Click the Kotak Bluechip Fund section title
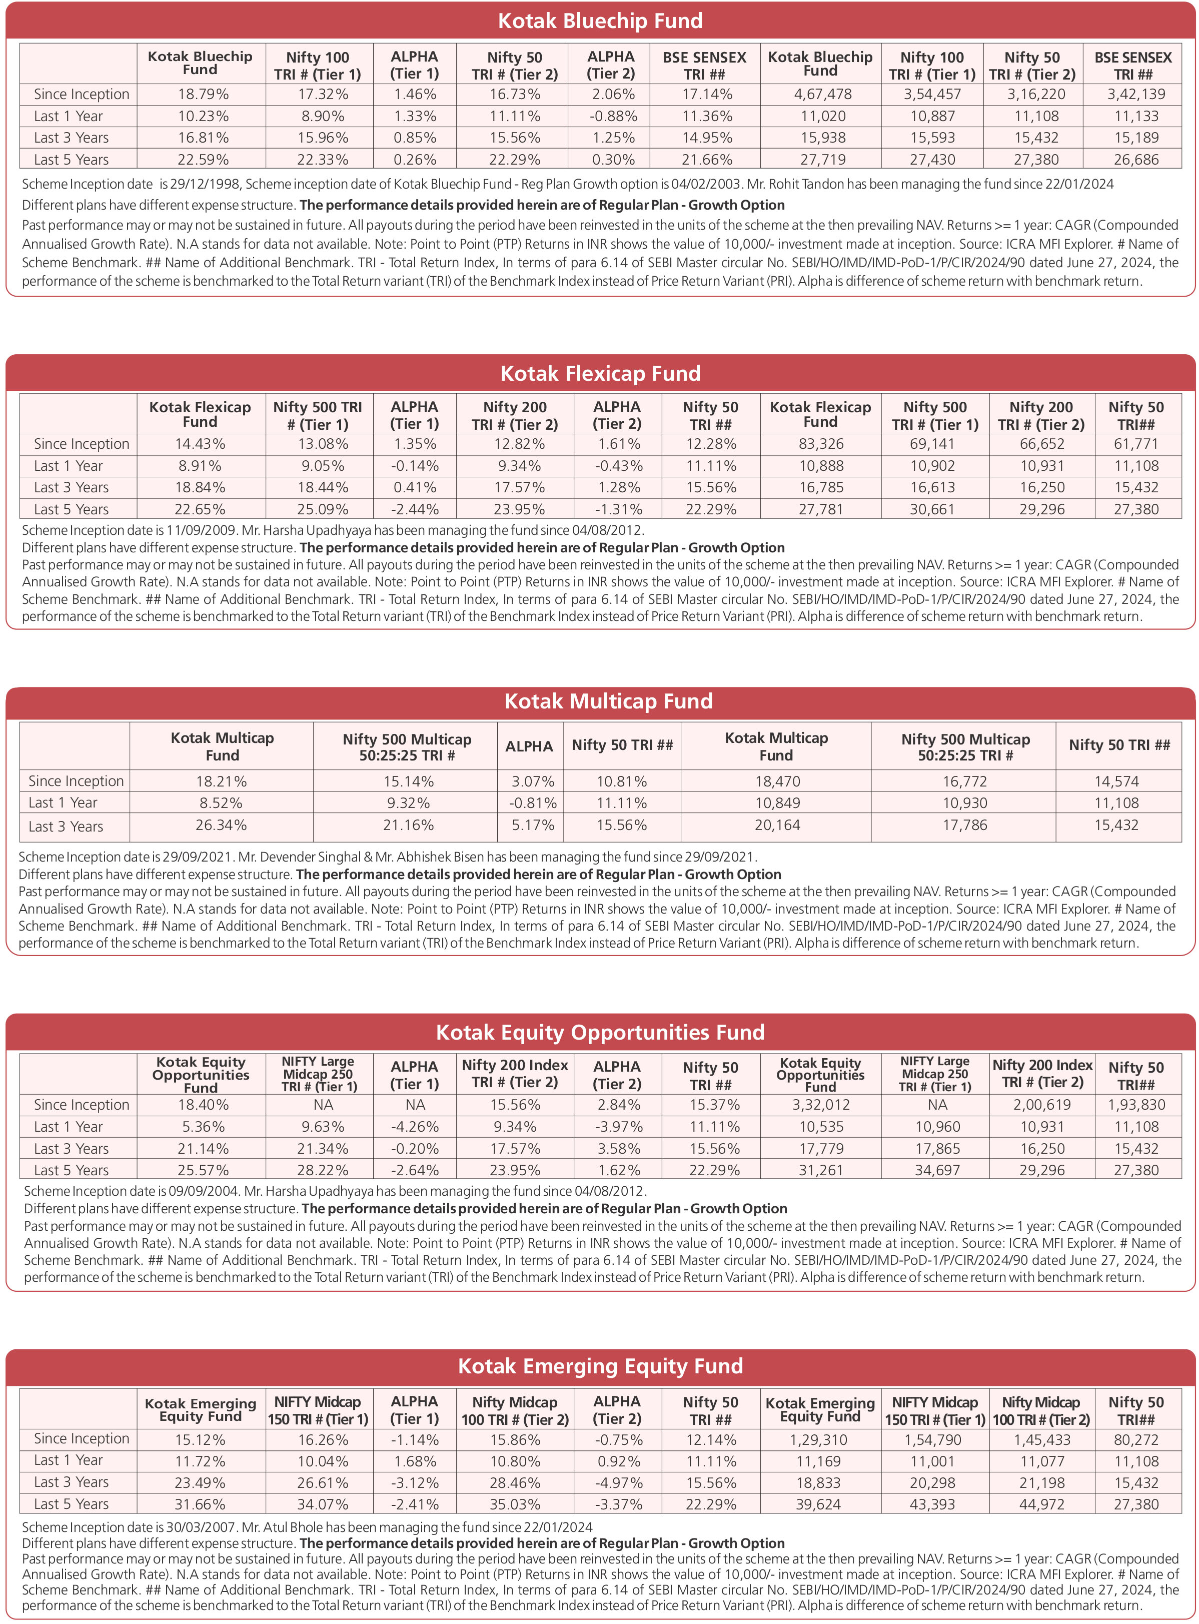pyautogui.click(x=599, y=21)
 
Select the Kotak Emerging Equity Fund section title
pyautogui.click(x=599, y=1365)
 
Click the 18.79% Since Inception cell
pyautogui.click(x=203, y=95)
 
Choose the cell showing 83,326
pyautogui.click(x=821, y=444)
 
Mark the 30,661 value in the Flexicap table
pyautogui.click(x=932, y=509)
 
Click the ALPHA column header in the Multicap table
pyautogui.click(x=529, y=745)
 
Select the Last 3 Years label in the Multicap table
pyautogui.click(x=66, y=826)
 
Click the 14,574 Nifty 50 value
pyautogui.click(x=1116, y=781)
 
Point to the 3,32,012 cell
pyautogui.click(x=821, y=1104)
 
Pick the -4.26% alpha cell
pyautogui.click(x=415, y=1127)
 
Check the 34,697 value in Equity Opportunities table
pyautogui.click(x=937, y=1170)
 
